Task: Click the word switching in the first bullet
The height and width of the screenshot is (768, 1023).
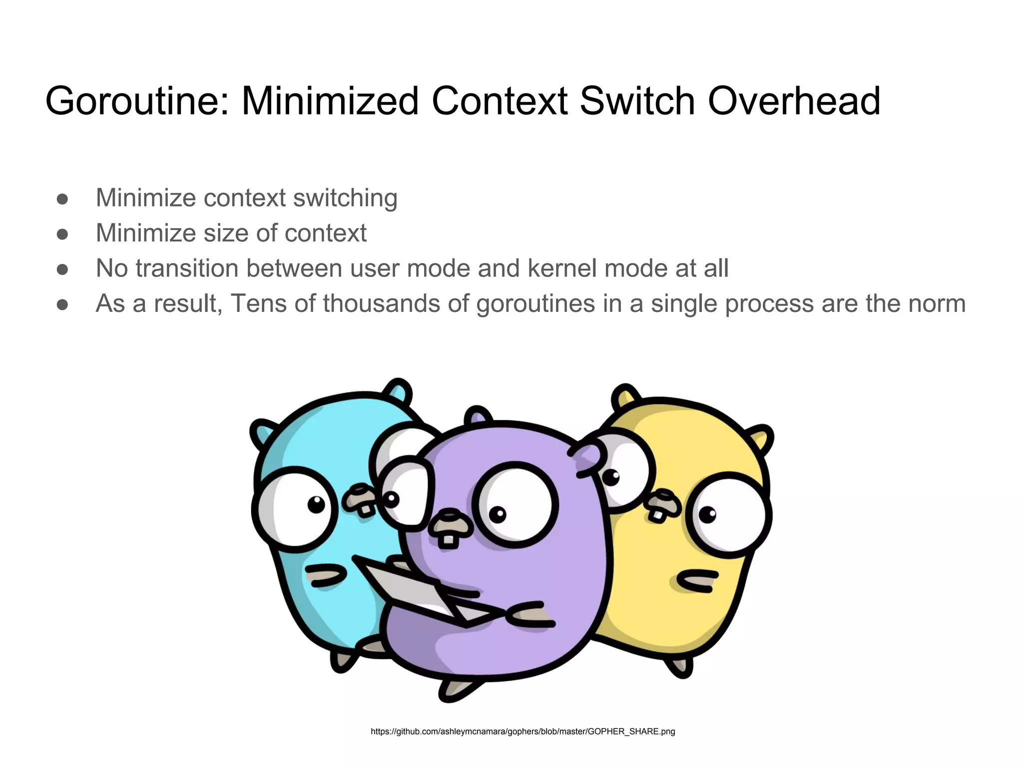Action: [345, 198]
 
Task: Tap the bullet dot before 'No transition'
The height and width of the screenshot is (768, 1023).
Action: [62, 269]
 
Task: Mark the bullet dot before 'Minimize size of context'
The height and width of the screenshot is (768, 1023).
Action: [62, 234]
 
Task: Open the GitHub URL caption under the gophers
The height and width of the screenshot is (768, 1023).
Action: [522, 731]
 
